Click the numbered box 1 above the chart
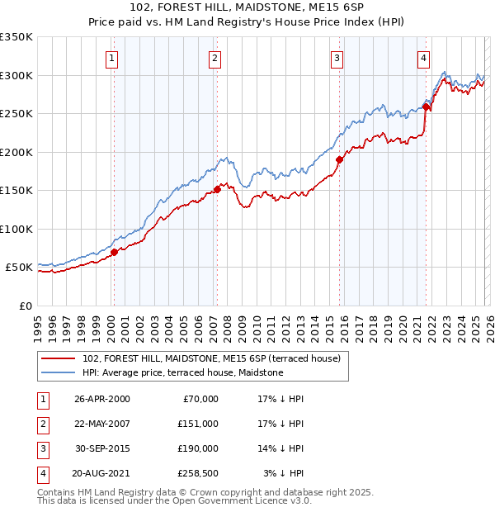point(111,58)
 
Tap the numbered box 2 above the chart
point(214,58)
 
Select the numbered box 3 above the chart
point(337,58)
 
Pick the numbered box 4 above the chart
point(423,58)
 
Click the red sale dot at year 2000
point(115,252)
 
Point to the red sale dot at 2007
point(217,189)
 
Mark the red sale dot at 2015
point(339,159)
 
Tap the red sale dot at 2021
point(426,107)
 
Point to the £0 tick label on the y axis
point(25,306)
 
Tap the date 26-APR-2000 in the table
point(101,399)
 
